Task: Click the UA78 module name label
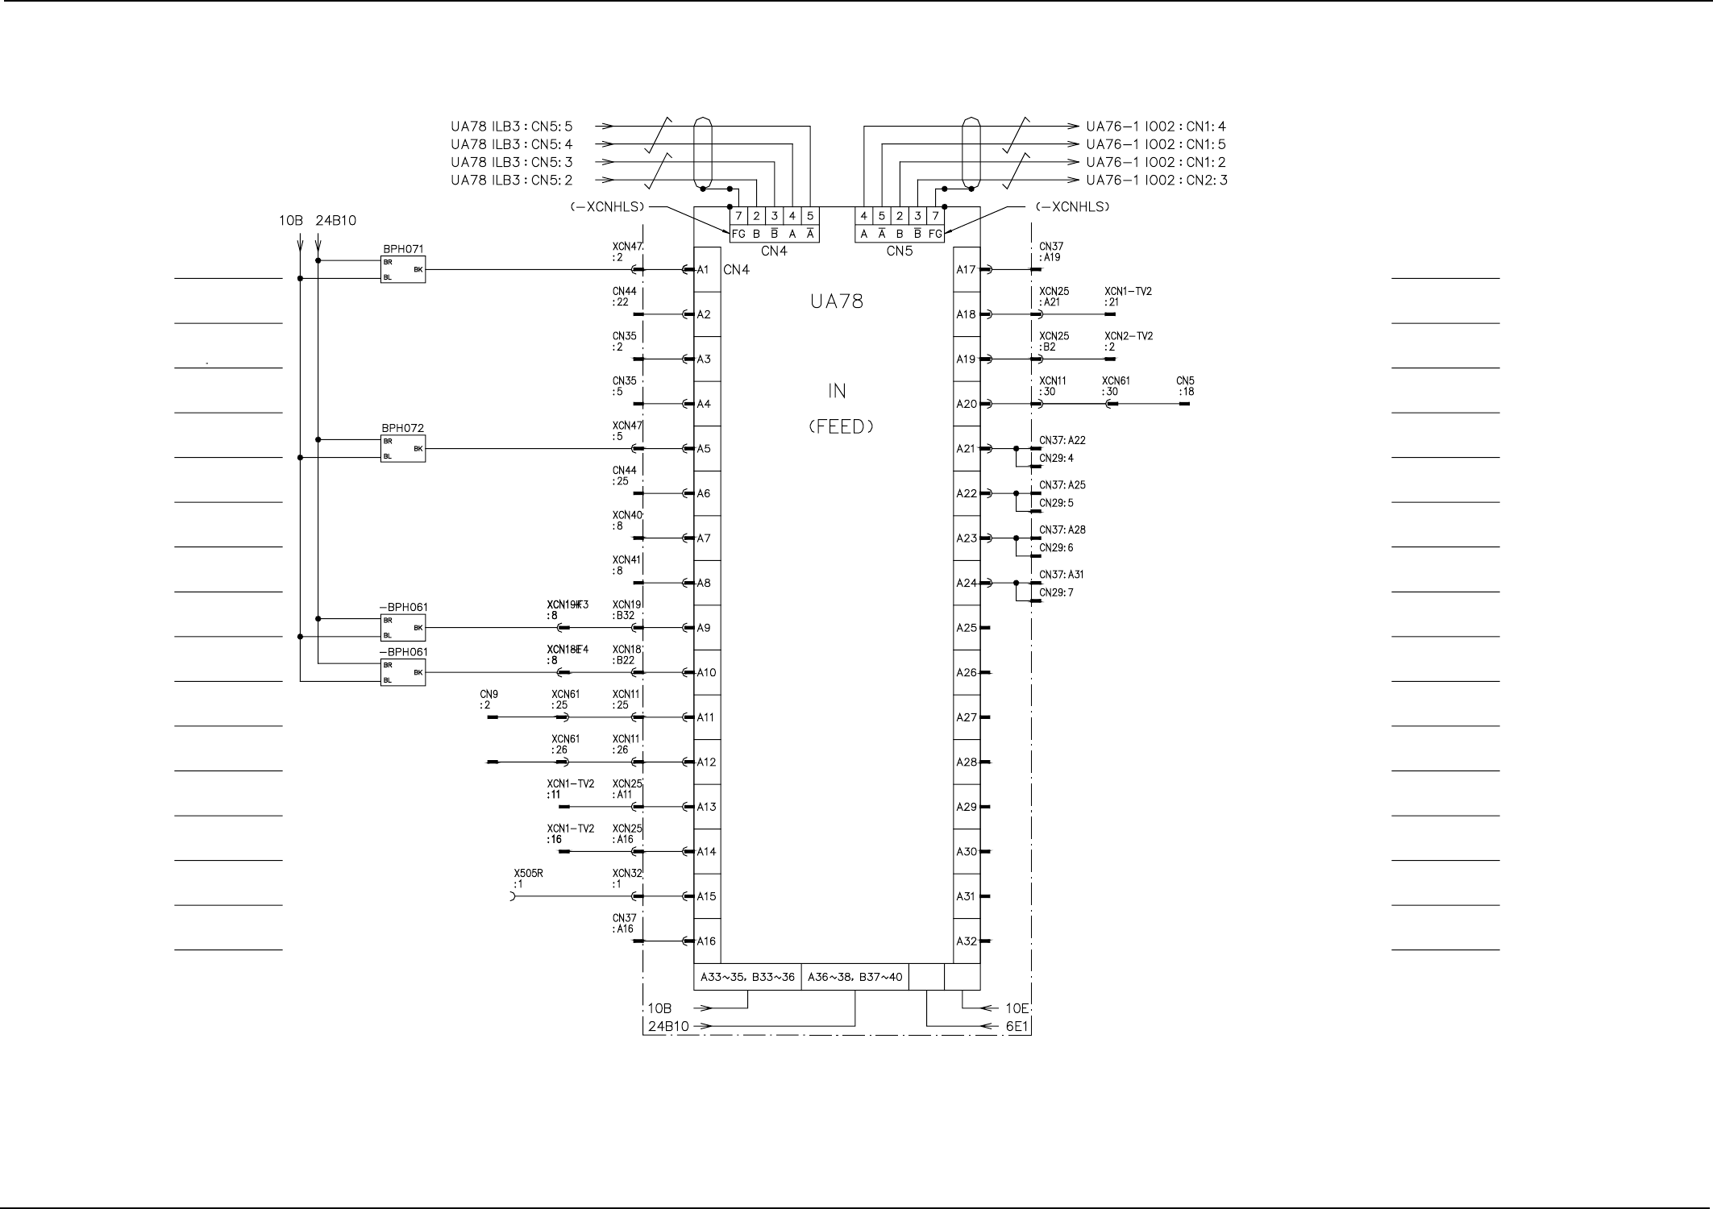tap(837, 301)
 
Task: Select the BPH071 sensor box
tap(402, 269)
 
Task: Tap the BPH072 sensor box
tap(402, 448)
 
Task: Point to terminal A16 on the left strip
tap(707, 941)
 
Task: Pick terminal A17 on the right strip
tap(967, 269)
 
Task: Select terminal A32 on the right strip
tap(967, 941)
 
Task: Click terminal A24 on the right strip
tap(967, 583)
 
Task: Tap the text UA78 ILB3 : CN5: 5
tap(511, 127)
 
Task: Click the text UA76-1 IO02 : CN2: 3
tap(1157, 181)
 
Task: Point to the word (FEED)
tap(841, 427)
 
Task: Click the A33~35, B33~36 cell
tap(747, 978)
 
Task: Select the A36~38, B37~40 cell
tap(855, 978)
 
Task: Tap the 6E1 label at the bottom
tap(1018, 1026)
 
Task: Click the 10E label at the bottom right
tap(1017, 1008)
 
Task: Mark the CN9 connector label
tap(489, 695)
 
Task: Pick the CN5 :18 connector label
tap(1186, 386)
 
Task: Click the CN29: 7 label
tap(1056, 593)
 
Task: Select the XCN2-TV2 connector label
tap(1128, 336)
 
